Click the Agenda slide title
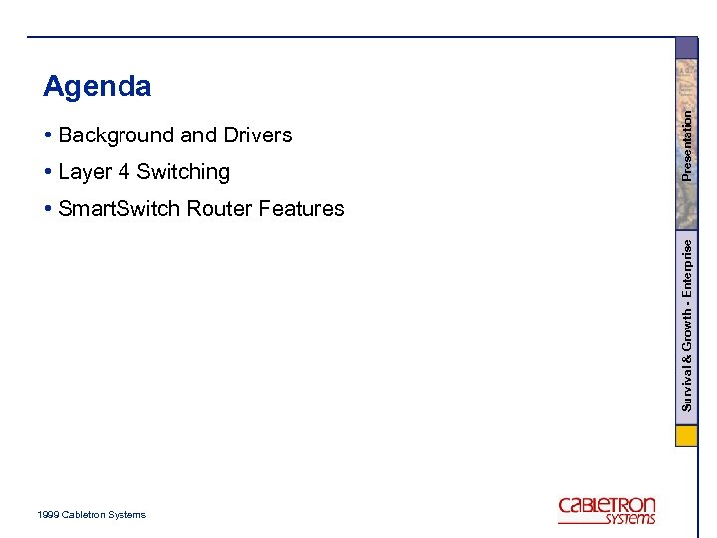click(98, 87)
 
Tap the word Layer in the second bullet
click(85, 172)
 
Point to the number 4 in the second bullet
click(123, 172)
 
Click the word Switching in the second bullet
click(183, 172)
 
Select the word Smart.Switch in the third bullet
click(119, 209)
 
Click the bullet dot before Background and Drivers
click(48, 135)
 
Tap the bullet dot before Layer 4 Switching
click(48, 172)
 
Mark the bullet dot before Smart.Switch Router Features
click(48, 209)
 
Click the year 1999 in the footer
click(47, 515)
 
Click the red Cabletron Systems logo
click(606, 510)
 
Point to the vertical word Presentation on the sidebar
click(687, 145)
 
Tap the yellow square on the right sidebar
click(687, 436)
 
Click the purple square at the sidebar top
click(687, 48)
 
